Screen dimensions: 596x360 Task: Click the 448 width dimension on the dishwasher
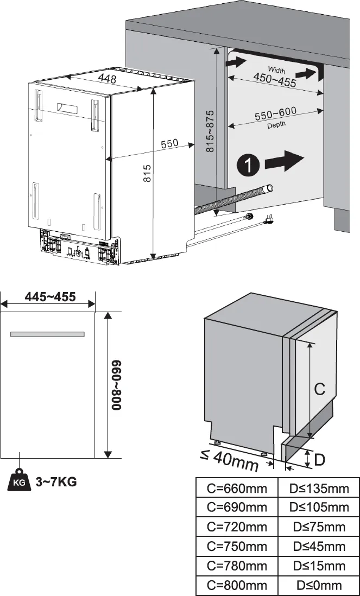click(108, 79)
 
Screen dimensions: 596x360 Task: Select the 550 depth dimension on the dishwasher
click(169, 144)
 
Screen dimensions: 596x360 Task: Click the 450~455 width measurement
click(275, 80)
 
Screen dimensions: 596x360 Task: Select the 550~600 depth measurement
click(275, 114)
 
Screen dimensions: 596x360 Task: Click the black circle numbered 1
click(248, 165)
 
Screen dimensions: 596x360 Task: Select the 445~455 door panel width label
click(50, 297)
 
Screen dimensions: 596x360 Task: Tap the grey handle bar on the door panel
click(47, 334)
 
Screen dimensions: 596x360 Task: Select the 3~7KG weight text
click(56, 481)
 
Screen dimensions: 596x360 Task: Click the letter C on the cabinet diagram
click(320, 389)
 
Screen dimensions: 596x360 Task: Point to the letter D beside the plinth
click(320, 460)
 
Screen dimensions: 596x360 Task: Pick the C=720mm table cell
click(237, 527)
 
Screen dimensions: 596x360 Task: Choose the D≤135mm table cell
click(319, 489)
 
